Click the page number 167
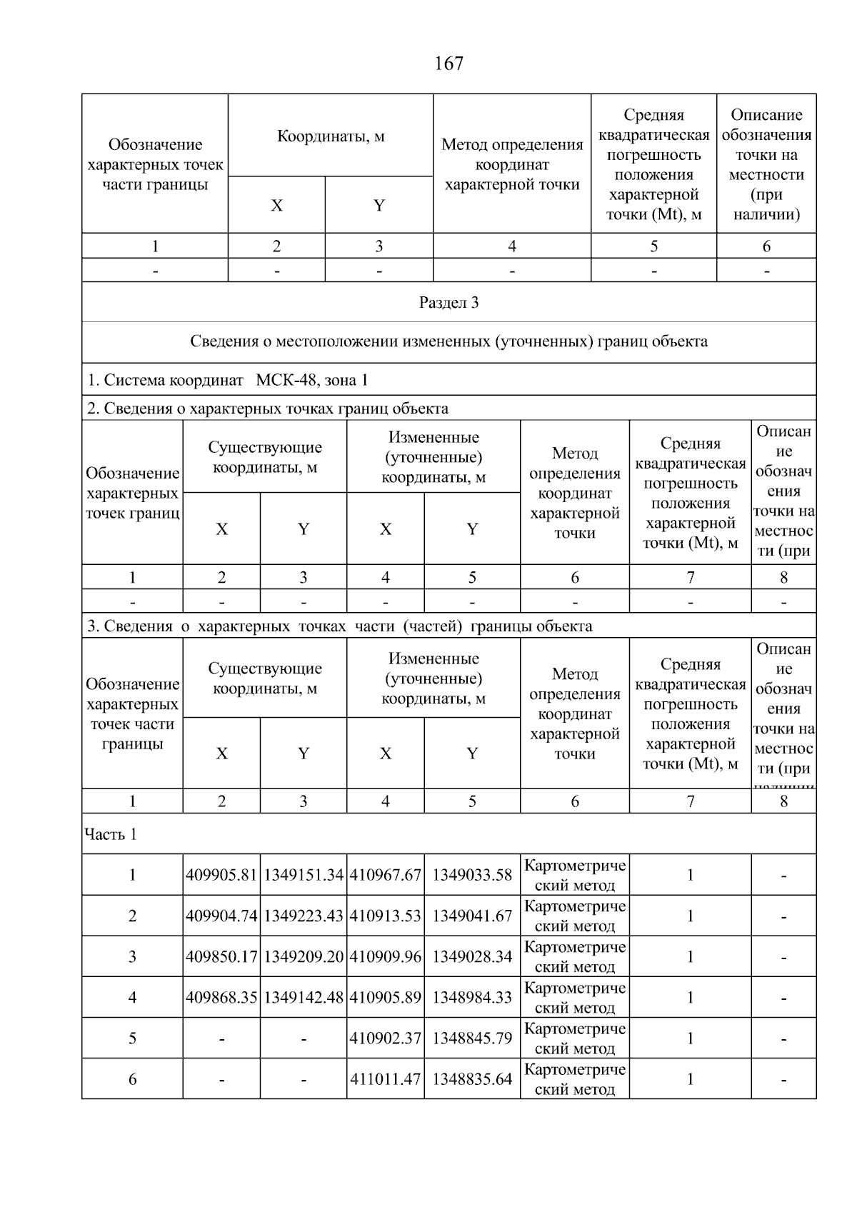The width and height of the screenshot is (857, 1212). pos(448,64)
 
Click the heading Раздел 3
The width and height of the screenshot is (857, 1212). pos(448,303)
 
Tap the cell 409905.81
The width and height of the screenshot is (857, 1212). pos(221,875)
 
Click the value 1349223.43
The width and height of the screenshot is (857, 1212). pos(304,916)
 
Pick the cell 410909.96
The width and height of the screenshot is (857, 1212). pos(386,956)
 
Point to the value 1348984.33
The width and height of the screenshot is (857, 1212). pos(472,997)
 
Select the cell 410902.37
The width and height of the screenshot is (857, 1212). pos(386,1038)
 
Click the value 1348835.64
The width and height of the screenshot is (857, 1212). pos(472,1078)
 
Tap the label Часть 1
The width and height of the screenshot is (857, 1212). pos(111,834)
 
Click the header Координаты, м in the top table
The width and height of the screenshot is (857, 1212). pos(331,136)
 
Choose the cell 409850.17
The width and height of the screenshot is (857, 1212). pos(221,956)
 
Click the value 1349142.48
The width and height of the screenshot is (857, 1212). pos(304,997)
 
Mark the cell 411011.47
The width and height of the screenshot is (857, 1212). pos(386,1078)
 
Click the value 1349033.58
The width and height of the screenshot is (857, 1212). pos(472,875)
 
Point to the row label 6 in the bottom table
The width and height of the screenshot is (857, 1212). pos(132,1078)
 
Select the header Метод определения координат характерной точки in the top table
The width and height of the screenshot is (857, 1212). pos(512,164)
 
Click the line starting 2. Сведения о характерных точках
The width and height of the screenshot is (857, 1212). pos(268,409)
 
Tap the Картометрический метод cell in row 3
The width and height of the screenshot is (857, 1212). pos(575,956)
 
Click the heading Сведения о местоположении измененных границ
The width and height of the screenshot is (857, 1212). pos(448,341)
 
